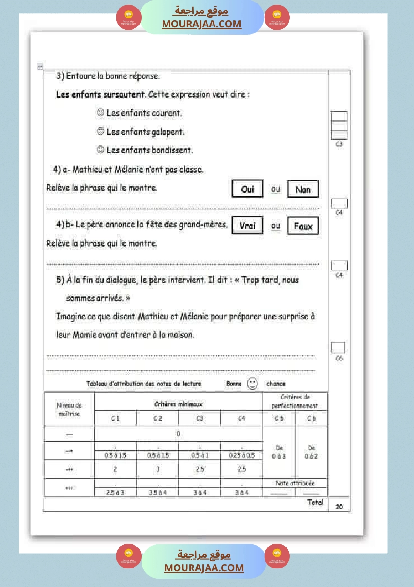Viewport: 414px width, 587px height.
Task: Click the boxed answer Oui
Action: coord(247,189)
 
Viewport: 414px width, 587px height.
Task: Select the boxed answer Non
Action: coord(303,190)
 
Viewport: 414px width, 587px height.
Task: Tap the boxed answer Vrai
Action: coord(247,226)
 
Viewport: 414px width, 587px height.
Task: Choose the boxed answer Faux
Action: coord(303,226)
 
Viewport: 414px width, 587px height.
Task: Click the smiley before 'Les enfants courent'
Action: coord(100,113)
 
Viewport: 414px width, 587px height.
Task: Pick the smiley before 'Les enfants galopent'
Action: coord(100,132)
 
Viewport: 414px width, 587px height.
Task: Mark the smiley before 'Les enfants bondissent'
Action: coord(100,150)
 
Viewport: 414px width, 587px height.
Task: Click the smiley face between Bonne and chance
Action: coord(253,384)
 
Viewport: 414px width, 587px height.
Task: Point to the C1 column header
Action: coord(115,418)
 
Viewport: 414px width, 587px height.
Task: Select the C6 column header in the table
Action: coord(311,418)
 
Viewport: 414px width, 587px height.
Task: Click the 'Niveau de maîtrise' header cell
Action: coord(69,410)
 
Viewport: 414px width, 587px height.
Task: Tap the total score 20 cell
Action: coord(339,507)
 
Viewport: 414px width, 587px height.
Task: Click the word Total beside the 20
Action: coord(315,502)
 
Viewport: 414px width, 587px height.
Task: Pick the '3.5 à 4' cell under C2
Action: coord(158,492)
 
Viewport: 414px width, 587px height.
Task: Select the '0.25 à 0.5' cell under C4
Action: coord(241,455)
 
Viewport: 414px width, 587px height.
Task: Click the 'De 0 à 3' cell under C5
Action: coord(279,452)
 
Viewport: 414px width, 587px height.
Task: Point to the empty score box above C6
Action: coord(338,347)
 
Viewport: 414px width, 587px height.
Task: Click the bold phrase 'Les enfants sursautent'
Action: coord(100,94)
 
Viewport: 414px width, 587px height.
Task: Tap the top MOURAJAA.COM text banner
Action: coord(202,24)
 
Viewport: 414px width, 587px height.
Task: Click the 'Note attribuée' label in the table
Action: coord(295,483)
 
